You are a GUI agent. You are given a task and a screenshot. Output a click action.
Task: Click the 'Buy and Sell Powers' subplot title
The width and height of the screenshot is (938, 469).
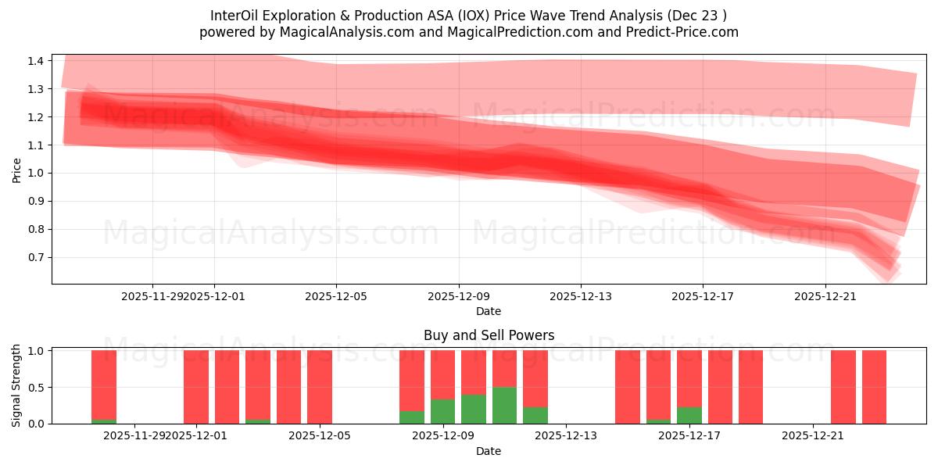(x=489, y=335)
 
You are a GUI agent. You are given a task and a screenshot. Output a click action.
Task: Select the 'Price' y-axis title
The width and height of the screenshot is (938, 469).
(x=17, y=170)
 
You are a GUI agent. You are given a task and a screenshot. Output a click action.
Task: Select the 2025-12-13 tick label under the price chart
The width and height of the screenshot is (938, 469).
(x=581, y=296)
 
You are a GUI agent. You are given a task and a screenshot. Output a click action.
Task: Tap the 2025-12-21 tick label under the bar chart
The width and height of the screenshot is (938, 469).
(x=813, y=435)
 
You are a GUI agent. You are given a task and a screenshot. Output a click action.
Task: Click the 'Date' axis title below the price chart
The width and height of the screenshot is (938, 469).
(x=489, y=311)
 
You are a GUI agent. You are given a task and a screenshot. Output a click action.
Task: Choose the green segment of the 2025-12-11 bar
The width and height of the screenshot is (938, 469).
(x=504, y=405)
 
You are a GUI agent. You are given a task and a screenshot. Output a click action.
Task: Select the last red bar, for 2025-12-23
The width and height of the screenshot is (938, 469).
(x=874, y=387)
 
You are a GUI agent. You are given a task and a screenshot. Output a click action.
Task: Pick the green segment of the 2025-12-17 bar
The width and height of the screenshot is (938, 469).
(x=689, y=415)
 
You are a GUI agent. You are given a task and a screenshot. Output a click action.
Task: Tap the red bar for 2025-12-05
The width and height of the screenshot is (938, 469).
(x=320, y=387)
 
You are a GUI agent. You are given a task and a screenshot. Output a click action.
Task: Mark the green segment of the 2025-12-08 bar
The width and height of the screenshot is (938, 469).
(x=412, y=417)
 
